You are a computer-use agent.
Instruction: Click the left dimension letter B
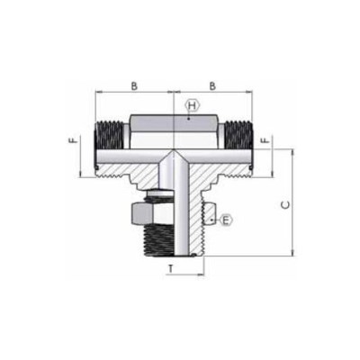(133, 85)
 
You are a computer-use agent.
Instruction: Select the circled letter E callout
(226, 220)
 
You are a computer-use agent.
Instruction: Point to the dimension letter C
(285, 205)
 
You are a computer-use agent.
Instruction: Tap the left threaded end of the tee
(109, 136)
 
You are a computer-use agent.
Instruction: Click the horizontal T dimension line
(184, 261)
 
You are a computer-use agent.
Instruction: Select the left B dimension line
(133, 94)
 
